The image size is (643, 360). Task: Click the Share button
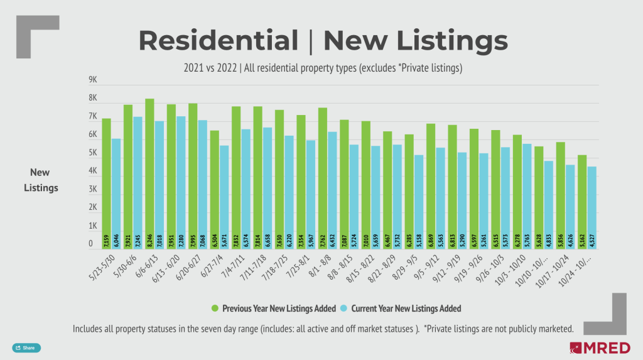point(26,347)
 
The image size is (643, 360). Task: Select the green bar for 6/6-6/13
point(149,173)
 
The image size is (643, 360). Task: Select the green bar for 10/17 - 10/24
point(560,195)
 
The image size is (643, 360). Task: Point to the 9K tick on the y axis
point(92,80)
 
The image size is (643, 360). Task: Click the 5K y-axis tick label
point(92,153)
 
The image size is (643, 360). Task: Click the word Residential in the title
point(218,41)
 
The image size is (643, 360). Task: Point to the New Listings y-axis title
point(41,180)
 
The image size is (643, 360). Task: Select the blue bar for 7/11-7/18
point(267,188)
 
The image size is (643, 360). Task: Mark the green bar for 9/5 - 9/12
point(430,186)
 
